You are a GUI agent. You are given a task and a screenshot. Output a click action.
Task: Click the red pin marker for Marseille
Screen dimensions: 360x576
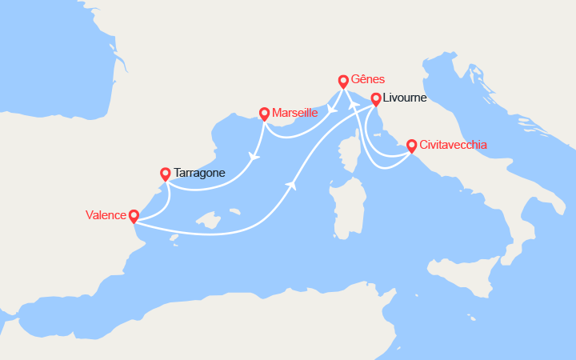pos(264,114)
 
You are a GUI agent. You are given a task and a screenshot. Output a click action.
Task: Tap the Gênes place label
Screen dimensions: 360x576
pos(368,79)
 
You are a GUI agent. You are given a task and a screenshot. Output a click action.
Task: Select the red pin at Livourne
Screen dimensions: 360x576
pos(375,98)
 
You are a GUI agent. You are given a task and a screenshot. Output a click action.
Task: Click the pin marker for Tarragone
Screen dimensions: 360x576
pos(165,173)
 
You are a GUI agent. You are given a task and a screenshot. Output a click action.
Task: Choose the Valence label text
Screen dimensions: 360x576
pos(106,215)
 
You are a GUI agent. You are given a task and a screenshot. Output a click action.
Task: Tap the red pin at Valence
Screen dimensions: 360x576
pos(134,215)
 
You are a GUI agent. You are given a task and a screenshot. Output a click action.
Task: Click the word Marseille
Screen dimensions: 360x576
pos(295,113)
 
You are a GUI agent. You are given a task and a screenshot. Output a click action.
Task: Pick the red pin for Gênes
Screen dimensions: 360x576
pos(343,80)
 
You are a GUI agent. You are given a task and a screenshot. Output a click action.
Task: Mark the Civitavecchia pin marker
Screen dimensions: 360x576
pos(411,145)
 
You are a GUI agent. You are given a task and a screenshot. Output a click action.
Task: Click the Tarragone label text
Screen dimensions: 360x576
pos(199,173)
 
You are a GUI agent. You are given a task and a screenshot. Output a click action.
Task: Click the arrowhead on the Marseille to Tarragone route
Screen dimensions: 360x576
pos(255,157)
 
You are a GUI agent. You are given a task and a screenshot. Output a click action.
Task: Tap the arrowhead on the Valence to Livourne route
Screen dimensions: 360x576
pos(290,185)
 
